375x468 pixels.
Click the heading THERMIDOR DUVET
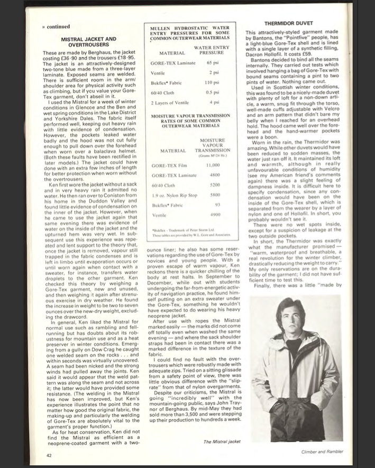click(x=290, y=24)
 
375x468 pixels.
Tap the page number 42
click(x=48, y=454)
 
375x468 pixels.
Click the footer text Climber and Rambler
click(x=323, y=451)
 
